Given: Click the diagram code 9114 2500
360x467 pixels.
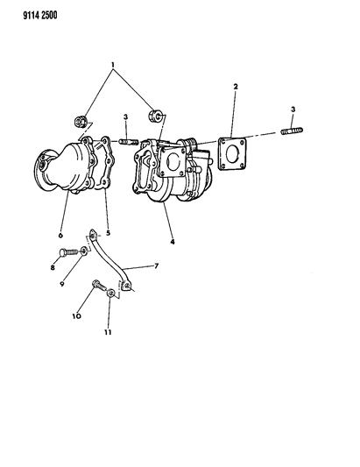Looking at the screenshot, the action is click(x=40, y=15).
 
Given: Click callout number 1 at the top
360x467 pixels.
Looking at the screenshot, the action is click(x=113, y=64).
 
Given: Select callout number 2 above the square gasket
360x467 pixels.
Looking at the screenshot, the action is click(x=236, y=87).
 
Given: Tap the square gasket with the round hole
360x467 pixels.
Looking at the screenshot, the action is click(x=233, y=153).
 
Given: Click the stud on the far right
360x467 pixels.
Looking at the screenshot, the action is click(x=292, y=131).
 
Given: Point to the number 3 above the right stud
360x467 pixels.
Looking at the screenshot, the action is click(x=293, y=110).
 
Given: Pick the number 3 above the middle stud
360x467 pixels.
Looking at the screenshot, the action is click(x=125, y=117).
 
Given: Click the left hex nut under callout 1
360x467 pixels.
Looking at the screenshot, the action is click(x=81, y=121).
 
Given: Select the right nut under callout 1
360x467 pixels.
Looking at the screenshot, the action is click(x=155, y=116).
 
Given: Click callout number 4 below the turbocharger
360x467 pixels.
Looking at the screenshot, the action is click(x=173, y=242).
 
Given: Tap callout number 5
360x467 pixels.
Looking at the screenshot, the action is click(x=108, y=233).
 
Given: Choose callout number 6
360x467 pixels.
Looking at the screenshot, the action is click(x=60, y=236).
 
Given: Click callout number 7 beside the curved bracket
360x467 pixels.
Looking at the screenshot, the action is click(x=157, y=265).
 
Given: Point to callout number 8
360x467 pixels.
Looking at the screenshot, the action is click(x=53, y=267).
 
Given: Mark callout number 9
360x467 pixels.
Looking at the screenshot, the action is click(x=62, y=284).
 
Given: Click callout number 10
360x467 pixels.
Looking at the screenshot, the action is click(x=76, y=315).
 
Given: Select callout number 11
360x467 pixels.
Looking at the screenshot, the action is click(x=108, y=332).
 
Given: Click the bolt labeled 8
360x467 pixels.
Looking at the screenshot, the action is click(x=68, y=252).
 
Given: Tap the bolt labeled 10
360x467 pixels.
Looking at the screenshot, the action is click(x=99, y=286).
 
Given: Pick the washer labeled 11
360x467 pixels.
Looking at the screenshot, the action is click(x=111, y=293).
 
